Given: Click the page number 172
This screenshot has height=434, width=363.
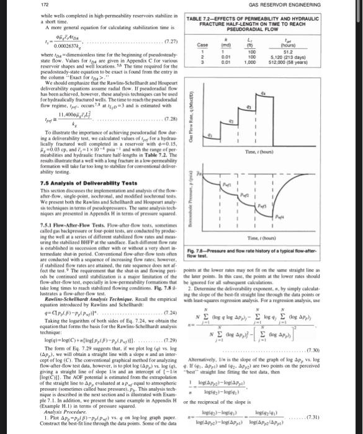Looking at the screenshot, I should point(11,6).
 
